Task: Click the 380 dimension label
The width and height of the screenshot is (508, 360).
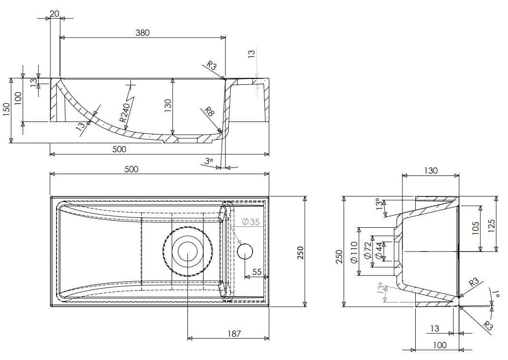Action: coord(142,33)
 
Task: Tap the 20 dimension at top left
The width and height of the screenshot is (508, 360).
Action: coord(54,14)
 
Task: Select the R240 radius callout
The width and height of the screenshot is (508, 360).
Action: coord(124,113)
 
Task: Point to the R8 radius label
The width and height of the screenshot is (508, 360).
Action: coord(209,112)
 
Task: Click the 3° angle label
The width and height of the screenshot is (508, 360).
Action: coord(209,161)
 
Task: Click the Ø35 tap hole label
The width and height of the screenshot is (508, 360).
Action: coord(251,222)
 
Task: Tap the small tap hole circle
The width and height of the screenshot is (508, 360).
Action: coord(245,251)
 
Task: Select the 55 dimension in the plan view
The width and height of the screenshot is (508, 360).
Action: coord(257,272)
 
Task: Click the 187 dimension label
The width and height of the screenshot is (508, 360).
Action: coord(234,334)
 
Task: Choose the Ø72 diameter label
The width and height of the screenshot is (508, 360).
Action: coord(367,250)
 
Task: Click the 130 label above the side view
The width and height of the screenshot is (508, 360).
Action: coord(430,170)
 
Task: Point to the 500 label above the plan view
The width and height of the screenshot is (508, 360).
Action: coord(131,169)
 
